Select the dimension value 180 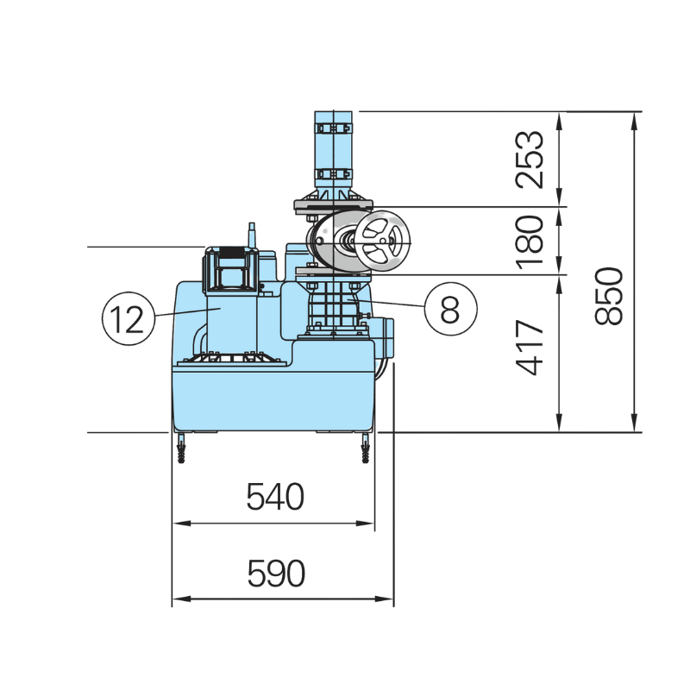tap(530, 241)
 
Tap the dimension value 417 tap(530, 348)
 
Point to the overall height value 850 tap(609, 296)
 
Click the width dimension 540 tap(275, 498)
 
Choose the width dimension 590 tap(276, 574)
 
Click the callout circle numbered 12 tap(127, 317)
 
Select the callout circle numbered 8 tap(449, 306)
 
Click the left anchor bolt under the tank tap(182, 449)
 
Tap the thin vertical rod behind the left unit tap(252, 235)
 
